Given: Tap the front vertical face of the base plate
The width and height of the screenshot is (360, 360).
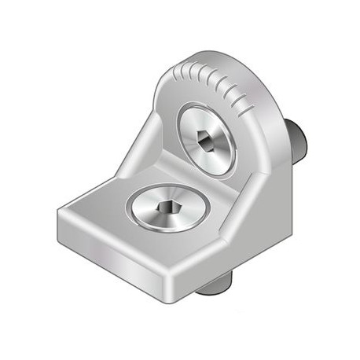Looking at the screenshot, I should click(118, 252).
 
